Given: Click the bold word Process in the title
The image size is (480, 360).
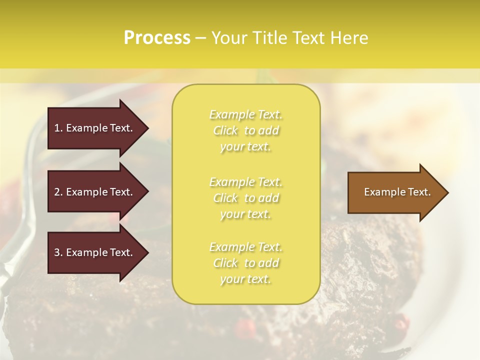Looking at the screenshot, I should click(157, 38).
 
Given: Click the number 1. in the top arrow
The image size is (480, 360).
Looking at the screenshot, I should click(58, 128).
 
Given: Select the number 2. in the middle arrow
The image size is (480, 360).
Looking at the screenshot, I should click(58, 192).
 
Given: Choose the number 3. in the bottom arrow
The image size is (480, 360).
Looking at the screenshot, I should click(58, 252).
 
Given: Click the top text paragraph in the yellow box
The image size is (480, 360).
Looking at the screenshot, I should click(245, 130).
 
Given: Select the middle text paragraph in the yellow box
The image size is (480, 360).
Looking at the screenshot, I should click(245, 198).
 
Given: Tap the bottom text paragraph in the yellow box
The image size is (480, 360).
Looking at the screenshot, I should click(245, 263).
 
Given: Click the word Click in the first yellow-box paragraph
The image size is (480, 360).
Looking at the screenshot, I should click(225, 131).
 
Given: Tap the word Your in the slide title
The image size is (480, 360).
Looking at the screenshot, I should click(228, 38).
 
